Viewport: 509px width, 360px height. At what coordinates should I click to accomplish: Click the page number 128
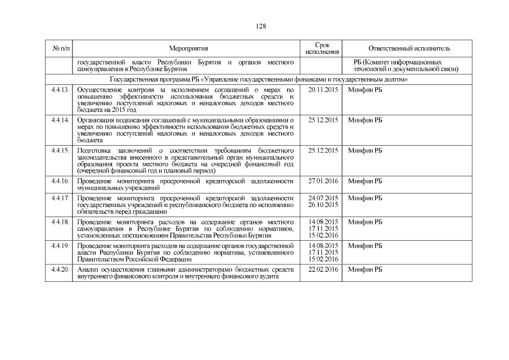(260, 26)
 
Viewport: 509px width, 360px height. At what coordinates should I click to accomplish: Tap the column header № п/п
(59, 49)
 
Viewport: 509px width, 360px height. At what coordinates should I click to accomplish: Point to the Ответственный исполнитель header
(409, 49)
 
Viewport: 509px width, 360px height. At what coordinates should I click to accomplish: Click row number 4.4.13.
(59, 90)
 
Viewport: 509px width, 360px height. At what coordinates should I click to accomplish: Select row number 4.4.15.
(59, 151)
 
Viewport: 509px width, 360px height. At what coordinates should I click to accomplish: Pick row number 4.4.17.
(59, 199)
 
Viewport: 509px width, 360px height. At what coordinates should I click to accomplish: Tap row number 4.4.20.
(59, 271)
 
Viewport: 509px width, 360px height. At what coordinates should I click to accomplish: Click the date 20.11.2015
(323, 90)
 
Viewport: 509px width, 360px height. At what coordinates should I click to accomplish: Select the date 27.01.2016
(323, 181)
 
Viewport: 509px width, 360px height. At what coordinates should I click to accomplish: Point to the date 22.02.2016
(323, 271)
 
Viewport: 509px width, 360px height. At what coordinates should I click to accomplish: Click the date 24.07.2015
(323, 199)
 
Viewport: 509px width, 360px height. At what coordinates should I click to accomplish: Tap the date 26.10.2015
(323, 205)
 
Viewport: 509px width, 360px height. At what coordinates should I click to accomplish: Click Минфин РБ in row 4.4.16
(365, 181)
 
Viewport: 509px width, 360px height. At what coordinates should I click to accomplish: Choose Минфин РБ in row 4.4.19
(365, 246)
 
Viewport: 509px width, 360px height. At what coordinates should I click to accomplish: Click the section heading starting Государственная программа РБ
(258, 80)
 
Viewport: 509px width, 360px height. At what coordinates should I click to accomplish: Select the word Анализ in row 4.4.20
(88, 271)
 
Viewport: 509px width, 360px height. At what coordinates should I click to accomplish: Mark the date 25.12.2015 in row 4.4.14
(323, 120)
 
